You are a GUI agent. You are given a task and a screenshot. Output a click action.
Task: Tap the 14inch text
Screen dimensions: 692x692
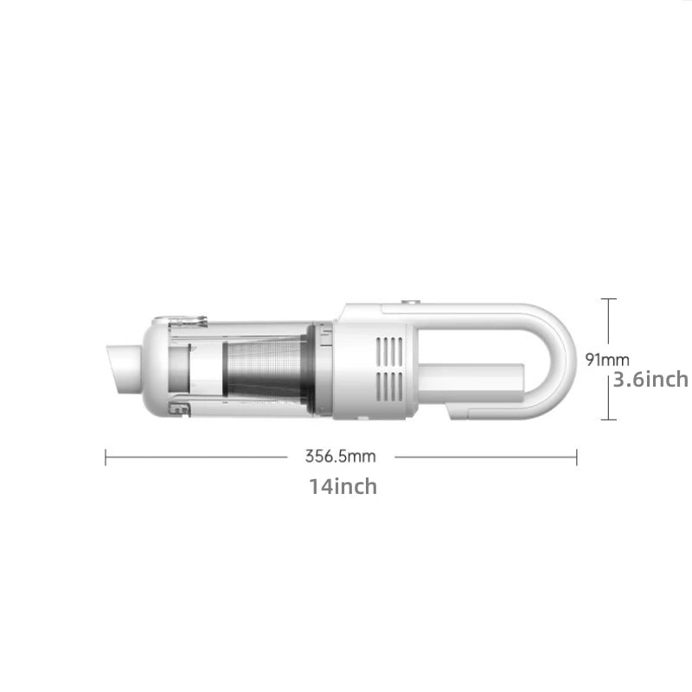point(343,486)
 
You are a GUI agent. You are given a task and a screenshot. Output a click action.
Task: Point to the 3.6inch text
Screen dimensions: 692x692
point(650,379)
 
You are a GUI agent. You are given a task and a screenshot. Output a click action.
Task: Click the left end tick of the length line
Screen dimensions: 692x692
point(106,457)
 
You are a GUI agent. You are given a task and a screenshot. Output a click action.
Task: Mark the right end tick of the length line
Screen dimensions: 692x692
point(576,457)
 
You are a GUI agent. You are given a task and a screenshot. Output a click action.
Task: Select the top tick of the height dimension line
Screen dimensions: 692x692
point(609,299)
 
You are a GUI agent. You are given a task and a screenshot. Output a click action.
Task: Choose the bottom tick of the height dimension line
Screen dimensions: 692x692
point(609,420)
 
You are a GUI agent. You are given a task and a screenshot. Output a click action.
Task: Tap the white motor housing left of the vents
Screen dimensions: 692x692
point(355,368)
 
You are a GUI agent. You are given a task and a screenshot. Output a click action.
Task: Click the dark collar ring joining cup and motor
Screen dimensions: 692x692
point(325,370)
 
